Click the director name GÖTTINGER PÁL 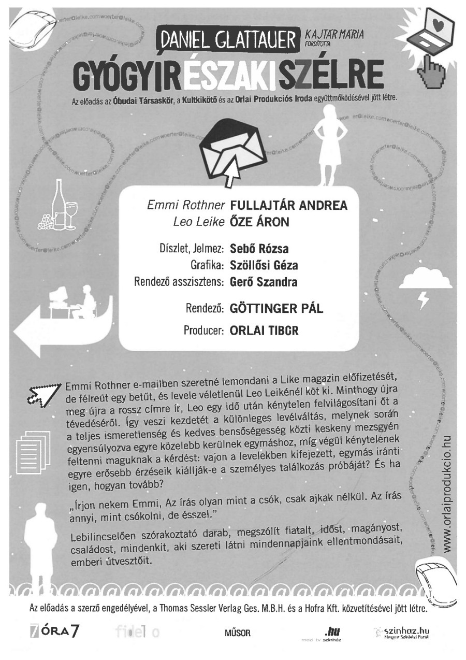point(276,309)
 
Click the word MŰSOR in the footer point(238,633)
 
